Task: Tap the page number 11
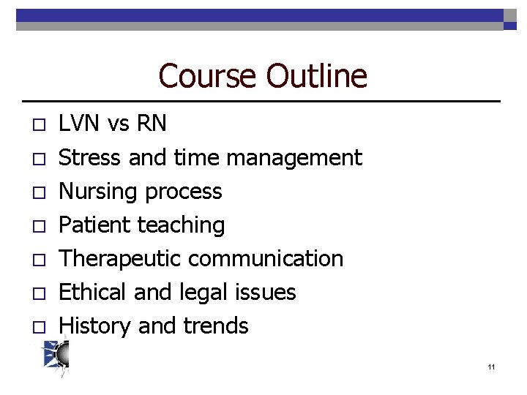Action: pyautogui.click(x=490, y=366)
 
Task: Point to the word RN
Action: pyautogui.click(x=151, y=124)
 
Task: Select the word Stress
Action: pyautogui.click(x=90, y=157)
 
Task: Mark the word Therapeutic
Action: pyautogui.click(x=120, y=259)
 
